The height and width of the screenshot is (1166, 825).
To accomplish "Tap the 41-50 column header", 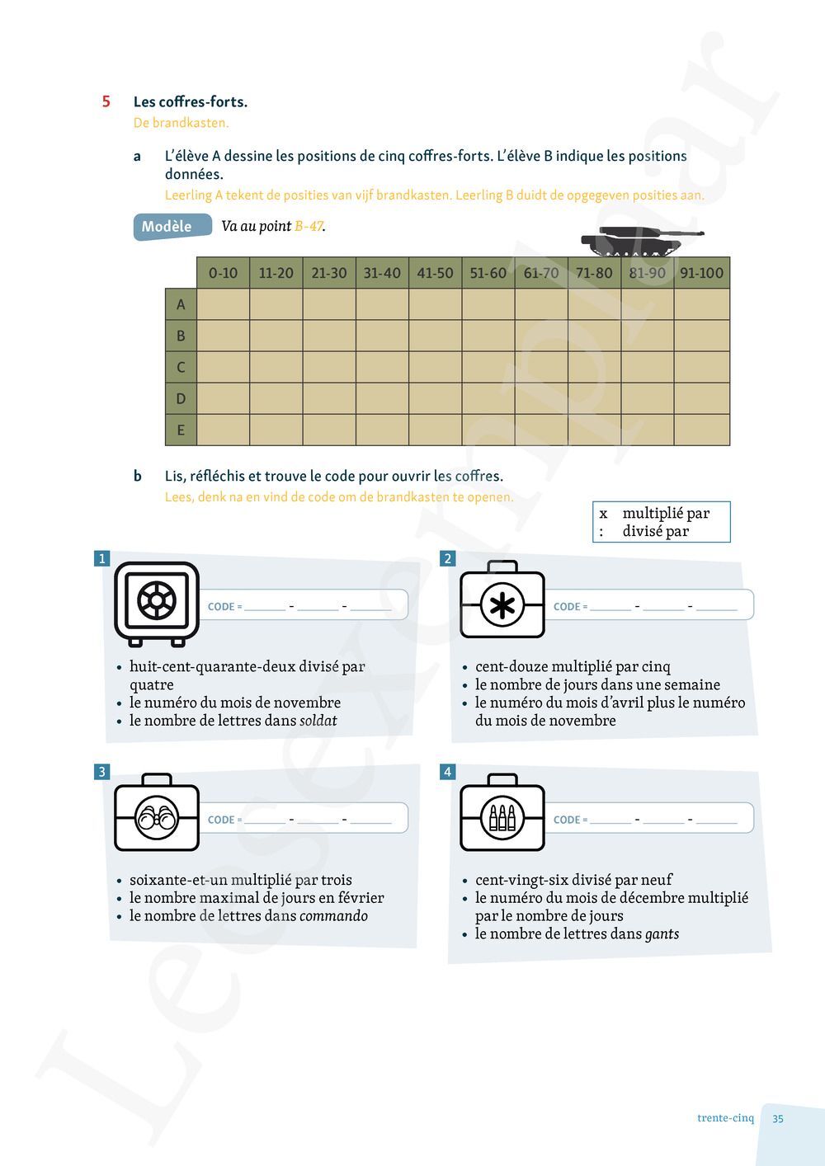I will [x=435, y=273].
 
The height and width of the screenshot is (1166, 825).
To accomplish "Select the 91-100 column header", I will [x=701, y=273].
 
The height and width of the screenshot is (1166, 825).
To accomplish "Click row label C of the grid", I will [x=181, y=367].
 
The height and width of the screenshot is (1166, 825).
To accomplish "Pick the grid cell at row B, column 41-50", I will [x=435, y=336].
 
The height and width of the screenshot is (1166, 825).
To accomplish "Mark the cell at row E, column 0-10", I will [x=223, y=430].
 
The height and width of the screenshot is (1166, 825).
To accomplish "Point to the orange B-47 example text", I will [x=309, y=226].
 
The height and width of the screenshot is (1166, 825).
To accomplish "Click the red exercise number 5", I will [x=106, y=101].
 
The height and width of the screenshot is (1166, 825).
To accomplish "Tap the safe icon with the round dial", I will [x=157, y=602].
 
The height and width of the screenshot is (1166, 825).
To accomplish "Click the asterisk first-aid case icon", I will [x=502, y=604].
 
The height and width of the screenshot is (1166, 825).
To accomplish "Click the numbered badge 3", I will [x=102, y=772].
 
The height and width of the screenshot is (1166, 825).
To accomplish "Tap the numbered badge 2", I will [x=448, y=559].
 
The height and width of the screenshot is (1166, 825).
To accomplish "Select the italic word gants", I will [x=662, y=934].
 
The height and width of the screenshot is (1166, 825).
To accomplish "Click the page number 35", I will [x=778, y=1119].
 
